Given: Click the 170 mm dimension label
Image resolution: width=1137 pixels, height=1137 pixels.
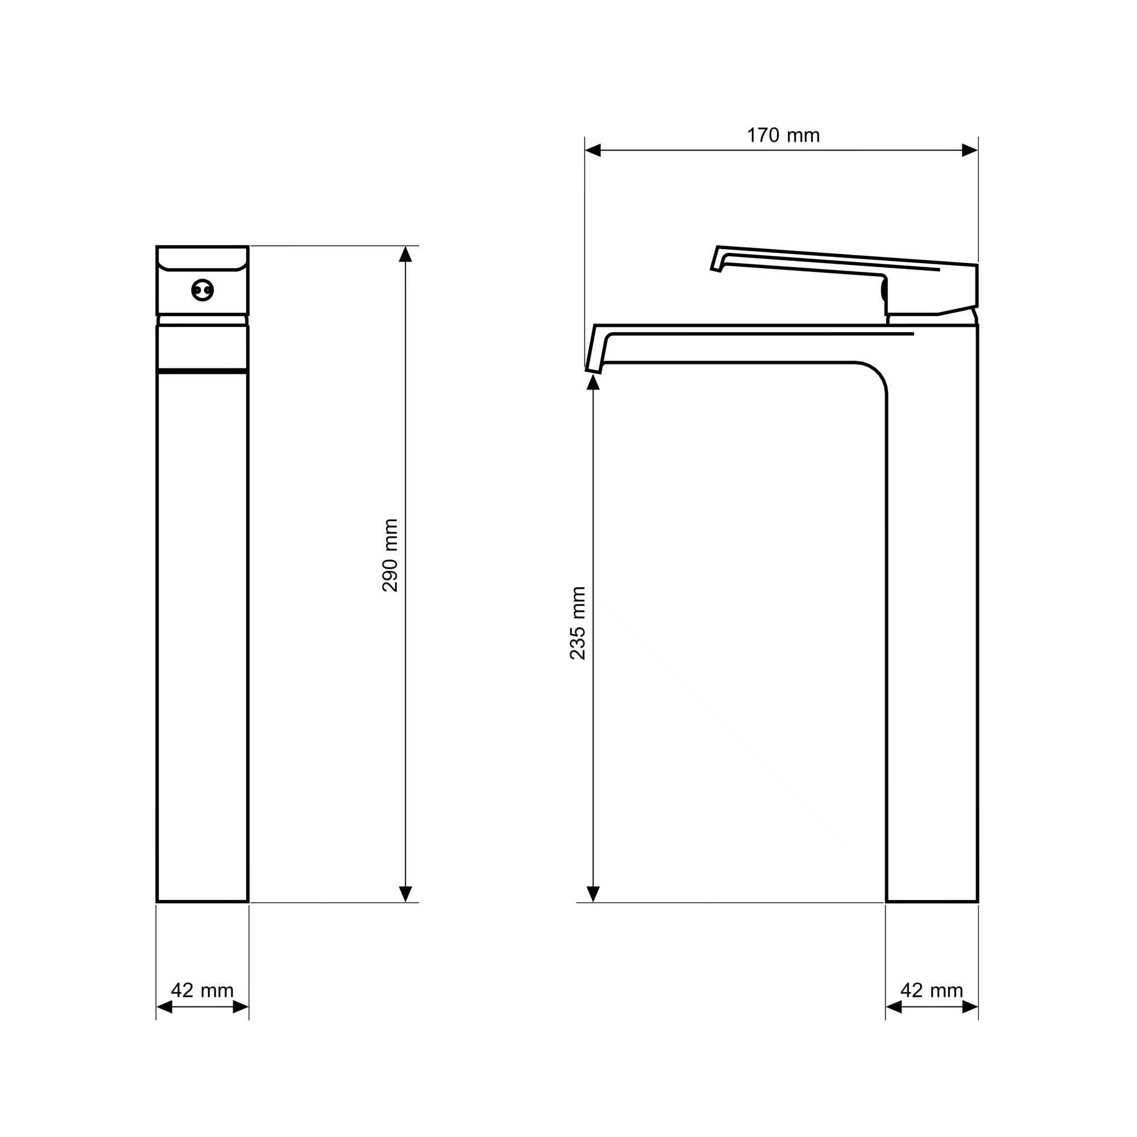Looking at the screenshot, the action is pos(783,136).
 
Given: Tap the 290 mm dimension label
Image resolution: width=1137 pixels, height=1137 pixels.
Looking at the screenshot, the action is pos(390,555).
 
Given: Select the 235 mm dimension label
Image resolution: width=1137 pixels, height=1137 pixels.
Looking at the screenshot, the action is pos(578,623).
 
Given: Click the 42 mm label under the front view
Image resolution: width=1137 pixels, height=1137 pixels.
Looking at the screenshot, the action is pos(202,990).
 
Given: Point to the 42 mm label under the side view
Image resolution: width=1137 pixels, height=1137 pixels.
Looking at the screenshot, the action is pos(932,990).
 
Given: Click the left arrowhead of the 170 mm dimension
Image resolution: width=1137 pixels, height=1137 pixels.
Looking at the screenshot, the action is pos(592,150).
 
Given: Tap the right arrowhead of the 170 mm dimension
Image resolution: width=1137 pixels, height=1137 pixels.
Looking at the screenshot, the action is pos(970,150).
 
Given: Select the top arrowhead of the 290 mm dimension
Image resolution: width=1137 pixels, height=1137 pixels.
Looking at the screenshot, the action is pos(405,254).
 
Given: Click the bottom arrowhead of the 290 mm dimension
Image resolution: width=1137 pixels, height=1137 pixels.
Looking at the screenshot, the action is pos(405,894).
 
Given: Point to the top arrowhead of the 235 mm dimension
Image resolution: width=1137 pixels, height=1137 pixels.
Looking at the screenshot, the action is pos(593,382).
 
